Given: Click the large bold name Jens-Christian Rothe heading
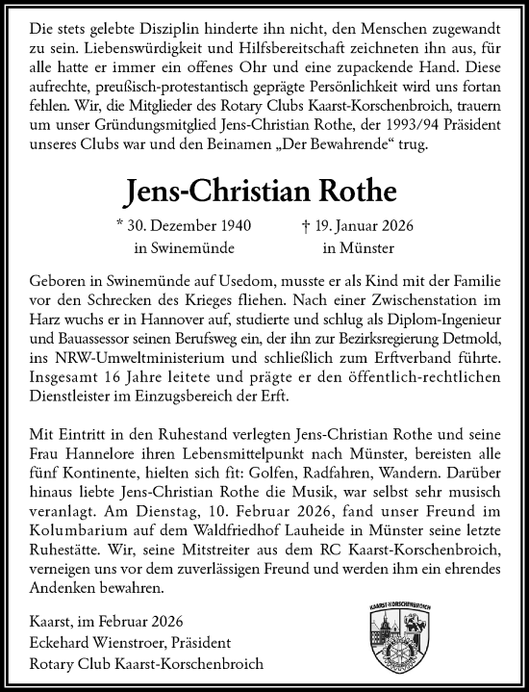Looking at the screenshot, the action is coord(264,191).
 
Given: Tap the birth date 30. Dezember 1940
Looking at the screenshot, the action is coord(188,228).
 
